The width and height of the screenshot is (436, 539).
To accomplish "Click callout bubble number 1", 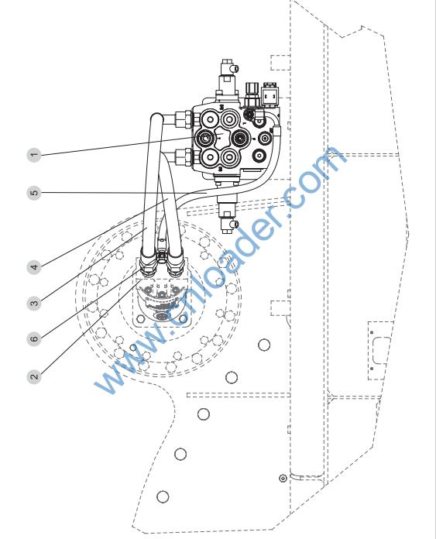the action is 34,154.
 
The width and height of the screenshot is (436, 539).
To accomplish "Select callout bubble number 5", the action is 34,193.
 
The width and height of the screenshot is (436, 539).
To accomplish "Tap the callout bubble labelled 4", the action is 34,266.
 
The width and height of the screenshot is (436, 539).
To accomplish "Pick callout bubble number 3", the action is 34,304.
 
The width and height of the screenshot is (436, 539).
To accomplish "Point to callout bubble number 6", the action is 34,339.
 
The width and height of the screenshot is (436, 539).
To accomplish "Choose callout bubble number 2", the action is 34,376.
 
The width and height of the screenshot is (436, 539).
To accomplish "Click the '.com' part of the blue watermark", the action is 311,180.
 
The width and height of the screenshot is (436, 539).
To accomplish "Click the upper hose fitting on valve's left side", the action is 184,118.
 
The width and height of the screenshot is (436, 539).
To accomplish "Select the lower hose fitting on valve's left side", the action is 184,157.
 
